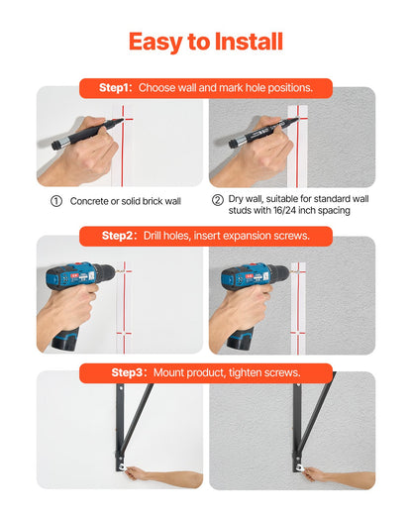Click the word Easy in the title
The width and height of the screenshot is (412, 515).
point(156,43)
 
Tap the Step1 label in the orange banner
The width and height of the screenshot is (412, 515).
point(116,88)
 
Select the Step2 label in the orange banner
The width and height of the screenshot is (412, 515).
point(118,236)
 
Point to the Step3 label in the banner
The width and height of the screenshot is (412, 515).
point(128,372)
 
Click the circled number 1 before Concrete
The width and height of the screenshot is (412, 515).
point(56,201)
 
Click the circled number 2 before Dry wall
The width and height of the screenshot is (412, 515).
point(218,200)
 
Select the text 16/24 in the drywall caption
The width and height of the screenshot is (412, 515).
point(284,210)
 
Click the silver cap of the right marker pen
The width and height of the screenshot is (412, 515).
point(236,142)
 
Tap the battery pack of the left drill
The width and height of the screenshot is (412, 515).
point(65,338)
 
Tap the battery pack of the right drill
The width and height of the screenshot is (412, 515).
point(241,339)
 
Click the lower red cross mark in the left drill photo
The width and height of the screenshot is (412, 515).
point(124,334)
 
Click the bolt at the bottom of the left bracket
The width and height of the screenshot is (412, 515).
point(121,466)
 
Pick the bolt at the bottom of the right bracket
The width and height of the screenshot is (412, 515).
point(299,467)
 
